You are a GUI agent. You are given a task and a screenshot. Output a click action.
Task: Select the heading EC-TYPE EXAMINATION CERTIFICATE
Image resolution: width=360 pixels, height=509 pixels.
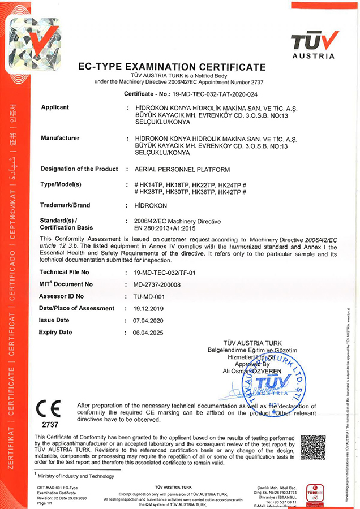pyautogui.click(x=171, y=67)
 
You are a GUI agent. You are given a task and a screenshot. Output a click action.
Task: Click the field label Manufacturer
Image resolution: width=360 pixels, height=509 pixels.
pyautogui.click(x=59, y=138)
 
